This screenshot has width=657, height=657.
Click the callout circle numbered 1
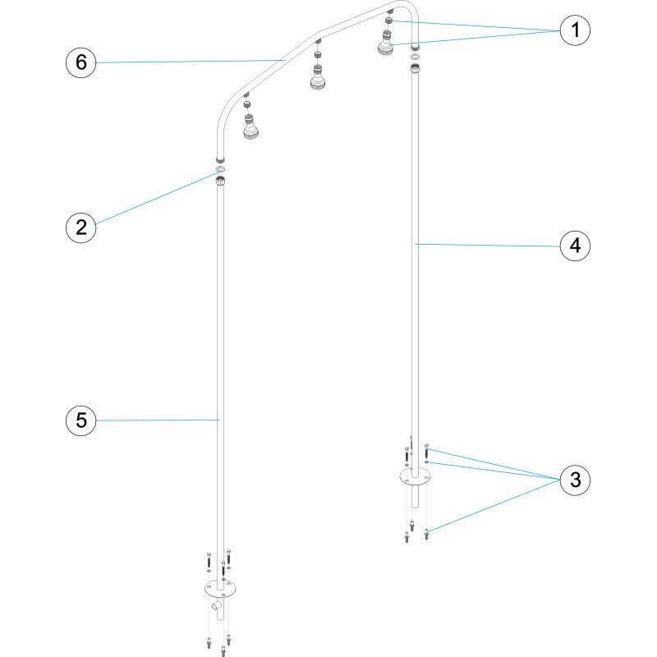click(x=575, y=30)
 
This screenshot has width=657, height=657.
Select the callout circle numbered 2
click(x=80, y=227)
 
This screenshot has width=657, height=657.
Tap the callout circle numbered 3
click(x=575, y=480)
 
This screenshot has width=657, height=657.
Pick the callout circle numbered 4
click(x=575, y=246)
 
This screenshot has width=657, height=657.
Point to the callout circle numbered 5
click(x=80, y=420)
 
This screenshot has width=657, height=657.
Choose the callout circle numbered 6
click(x=80, y=62)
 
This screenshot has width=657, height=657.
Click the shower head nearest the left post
click(x=250, y=126)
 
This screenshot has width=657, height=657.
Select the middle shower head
click(x=318, y=77)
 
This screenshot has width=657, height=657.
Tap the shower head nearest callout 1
click(x=385, y=44)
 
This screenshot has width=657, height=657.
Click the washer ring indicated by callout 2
click(x=220, y=170)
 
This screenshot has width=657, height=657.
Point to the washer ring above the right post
click(x=415, y=57)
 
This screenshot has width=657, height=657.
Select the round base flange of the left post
click(x=220, y=589)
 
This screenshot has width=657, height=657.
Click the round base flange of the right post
click(x=415, y=477)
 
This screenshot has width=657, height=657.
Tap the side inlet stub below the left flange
click(x=217, y=605)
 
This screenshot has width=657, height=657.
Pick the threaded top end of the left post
click(x=220, y=181)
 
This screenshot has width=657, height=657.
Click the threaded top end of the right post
click(x=415, y=68)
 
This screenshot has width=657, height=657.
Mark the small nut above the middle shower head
click(x=318, y=54)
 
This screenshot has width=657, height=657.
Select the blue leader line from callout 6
click(x=191, y=62)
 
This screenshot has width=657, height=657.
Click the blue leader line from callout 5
click(x=158, y=420)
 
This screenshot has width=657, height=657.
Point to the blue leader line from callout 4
click(x=488, y=245)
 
